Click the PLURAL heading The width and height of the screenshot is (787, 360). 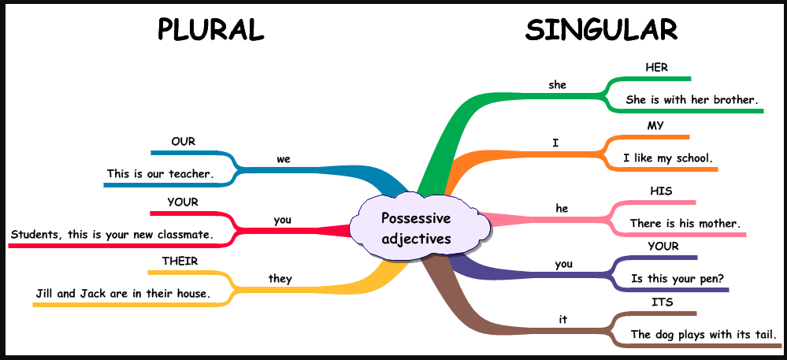tap(210, 29)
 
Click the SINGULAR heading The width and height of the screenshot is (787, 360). tap(601, 29)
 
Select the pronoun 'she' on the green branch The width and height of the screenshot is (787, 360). tap(557, 84)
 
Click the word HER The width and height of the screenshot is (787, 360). tap(656, 68)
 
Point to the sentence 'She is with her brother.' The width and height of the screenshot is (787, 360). tap(692, 100)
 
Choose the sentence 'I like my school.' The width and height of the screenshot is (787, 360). tap(667, 158)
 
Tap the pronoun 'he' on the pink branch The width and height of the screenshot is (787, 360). tap(562, 209)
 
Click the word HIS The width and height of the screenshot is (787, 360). tap(661, 191)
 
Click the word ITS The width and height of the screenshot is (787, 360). tap(662, 302)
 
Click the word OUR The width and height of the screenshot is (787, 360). tap(184, 142)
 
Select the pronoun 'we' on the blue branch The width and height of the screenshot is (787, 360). tap(284, 158)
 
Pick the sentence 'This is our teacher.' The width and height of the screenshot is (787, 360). tap(161, 173)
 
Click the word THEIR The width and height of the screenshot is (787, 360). tap(180, 261)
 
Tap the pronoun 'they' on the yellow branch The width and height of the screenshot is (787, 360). tap(280, 278)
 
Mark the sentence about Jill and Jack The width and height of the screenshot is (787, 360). tap(123, 294)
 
